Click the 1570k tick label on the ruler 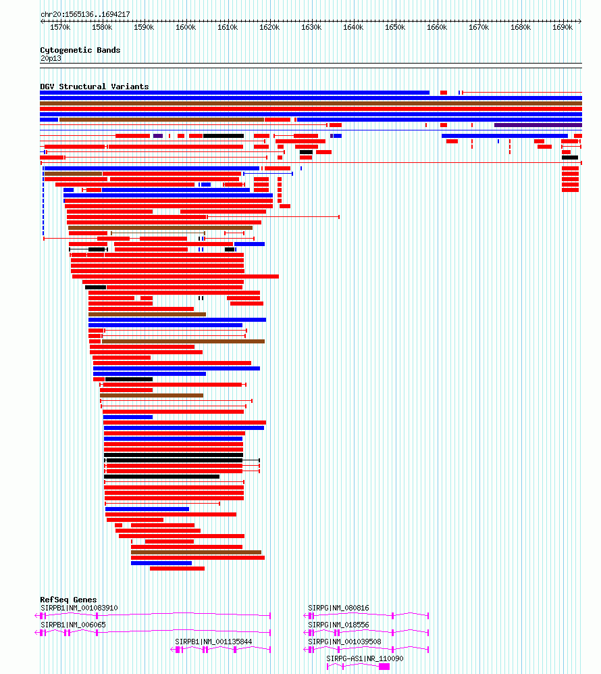point(60,28)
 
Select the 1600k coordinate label point(186,28)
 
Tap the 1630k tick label point(311,28)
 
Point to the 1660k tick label point(437,28)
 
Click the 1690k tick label point(563,28)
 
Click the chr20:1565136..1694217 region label point(85,14)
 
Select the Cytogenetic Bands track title point(80,50)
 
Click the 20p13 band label point(50,58)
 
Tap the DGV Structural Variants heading point(95,87)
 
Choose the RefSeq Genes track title point(68,600)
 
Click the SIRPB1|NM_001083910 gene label point(79,608)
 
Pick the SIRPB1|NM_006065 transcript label point(73,625)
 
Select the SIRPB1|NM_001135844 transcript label point(213,642)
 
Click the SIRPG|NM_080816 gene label point(338,608)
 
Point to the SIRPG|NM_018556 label point(338,625)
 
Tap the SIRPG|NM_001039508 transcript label point(344,642)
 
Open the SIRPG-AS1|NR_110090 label point(365,658)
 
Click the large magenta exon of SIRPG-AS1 point(384,667)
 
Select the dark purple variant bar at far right point(538,125)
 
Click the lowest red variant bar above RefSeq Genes point(177,569)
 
